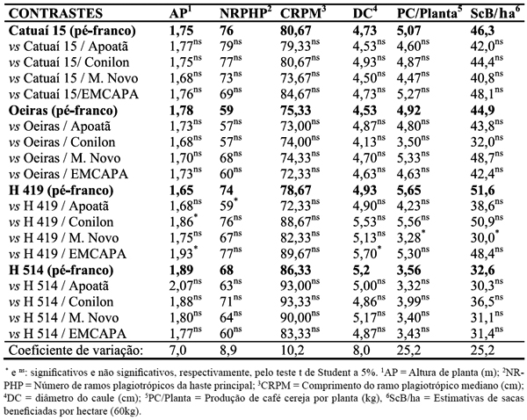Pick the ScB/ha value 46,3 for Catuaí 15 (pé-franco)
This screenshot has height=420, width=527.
click(x=484, y=29)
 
